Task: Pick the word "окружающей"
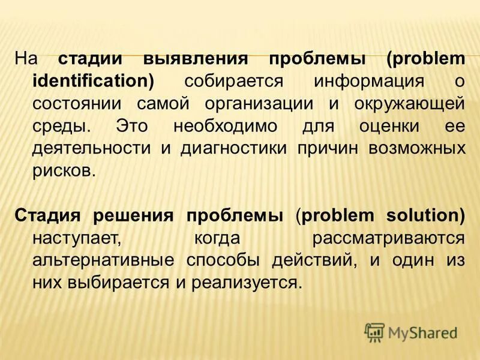coord(407,103)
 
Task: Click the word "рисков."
coord(64,170)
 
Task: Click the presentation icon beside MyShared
coord(375,332)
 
